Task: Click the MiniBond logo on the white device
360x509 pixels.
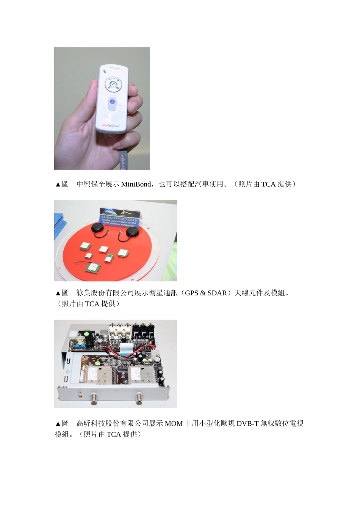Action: coord(110,125)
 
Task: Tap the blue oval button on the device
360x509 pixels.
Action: coord(112,103)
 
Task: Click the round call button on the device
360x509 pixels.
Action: coord(113,84)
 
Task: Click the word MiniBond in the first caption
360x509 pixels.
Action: coord(136,184)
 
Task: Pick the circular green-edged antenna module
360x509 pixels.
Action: coord(122,253)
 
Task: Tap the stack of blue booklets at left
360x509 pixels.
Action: coord(59,225)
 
